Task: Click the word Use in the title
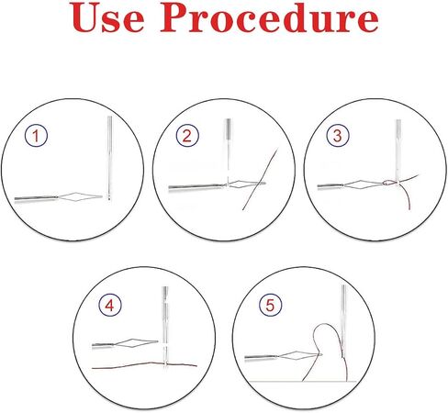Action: coord(108,17)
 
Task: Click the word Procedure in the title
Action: coord(270,17)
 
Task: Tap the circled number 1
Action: coord(36,135)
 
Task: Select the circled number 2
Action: coord(187,135)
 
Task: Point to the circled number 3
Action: coord(338,135)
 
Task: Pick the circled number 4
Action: coord(110,305)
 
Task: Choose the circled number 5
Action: coord(270,305)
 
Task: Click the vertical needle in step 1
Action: coord(109,158)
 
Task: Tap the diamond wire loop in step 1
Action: coord(80,196)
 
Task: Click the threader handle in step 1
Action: coord(36,198)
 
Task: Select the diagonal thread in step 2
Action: coord(260,179)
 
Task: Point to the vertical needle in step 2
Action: coord(228,151)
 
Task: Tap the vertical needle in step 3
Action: coord(398,150)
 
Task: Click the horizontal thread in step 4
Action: coord(144,365)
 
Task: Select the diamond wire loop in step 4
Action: coord(136,343)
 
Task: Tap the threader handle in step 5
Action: coord(261,357)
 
